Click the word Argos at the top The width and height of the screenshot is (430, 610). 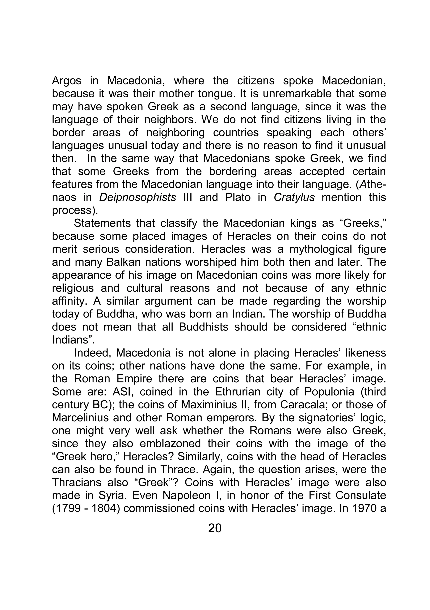66,81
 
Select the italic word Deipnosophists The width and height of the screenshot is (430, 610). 137,197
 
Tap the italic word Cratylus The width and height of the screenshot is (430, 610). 294,197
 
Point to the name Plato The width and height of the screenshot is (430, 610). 238,197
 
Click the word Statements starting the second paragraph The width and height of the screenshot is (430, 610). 102,223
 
